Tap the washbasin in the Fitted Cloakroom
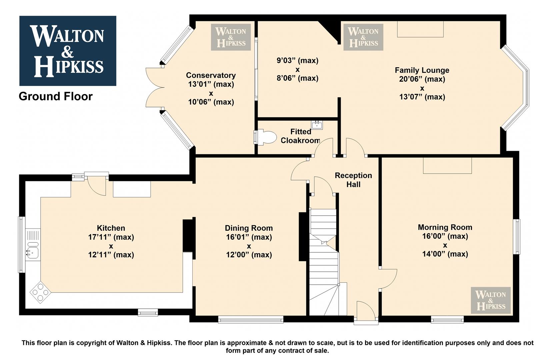(x=317, y=125)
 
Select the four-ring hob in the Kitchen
(x=40, y=292)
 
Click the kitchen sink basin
(x=32, y=253)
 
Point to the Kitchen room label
(x=111, y=228)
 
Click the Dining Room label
(x=249, y=228)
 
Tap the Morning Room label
(x=445, y=227)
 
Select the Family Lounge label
(x=422, y=70)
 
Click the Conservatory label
(x=211, y=75)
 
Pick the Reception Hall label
(x=353, y=180)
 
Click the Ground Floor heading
(x=56, y=96)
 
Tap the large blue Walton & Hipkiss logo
(x=68, y=51)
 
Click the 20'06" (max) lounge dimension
(x=422, y=79)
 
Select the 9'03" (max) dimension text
(x=297, y=60)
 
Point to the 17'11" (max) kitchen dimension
(x=111, y=237)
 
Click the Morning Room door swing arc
(x=393, y=281)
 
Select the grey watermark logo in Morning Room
(x=490, y=300)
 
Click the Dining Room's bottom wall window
(x=251, y=320)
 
